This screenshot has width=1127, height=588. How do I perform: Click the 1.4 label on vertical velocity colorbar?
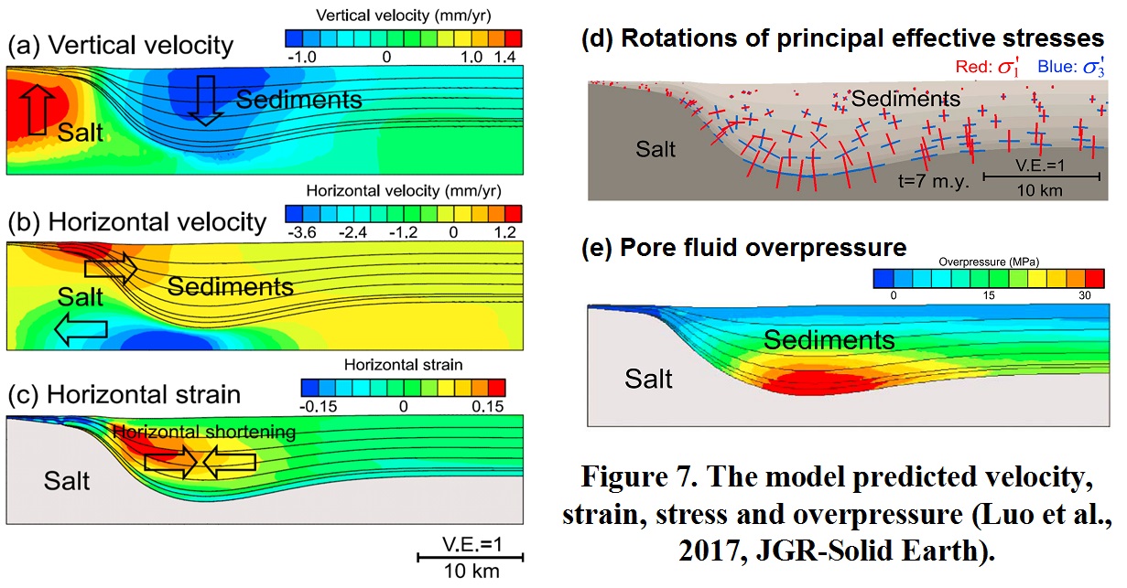505,56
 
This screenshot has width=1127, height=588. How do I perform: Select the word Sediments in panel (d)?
903,98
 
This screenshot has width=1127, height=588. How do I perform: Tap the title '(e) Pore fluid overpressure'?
743,248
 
